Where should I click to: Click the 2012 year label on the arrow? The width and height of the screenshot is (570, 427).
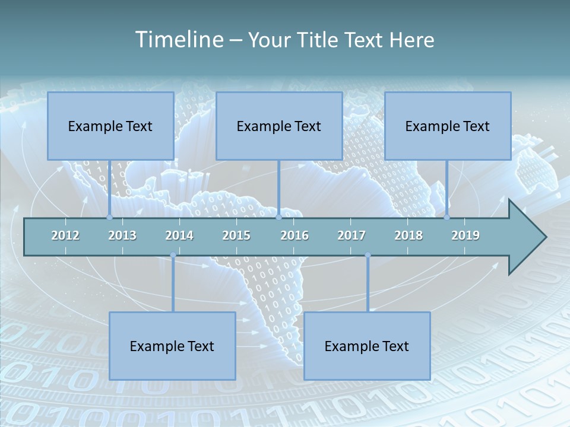click(65, 235)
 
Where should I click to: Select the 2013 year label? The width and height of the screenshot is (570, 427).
click(122, 235)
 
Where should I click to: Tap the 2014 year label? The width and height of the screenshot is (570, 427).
click(179, 235)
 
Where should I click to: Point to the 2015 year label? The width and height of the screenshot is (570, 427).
click(236, 235)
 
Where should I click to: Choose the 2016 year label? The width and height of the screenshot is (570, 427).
click(294, 235)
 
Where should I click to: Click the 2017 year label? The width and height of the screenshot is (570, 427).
click(351, 235)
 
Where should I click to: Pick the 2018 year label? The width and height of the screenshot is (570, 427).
click(408, 235)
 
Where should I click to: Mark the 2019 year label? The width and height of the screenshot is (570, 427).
click(465, 235)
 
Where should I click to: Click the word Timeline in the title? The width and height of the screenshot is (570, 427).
click(179, 40)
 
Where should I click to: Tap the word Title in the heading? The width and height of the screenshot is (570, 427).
click(319, 40)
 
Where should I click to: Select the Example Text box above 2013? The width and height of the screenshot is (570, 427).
click(110, 126)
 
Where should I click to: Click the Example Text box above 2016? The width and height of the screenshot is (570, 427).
click(279, 126)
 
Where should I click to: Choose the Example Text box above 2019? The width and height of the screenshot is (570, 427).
click(448, 126)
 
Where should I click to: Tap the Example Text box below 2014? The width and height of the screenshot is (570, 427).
click(172, 346)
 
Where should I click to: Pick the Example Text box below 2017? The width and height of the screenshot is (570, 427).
click(367, 346)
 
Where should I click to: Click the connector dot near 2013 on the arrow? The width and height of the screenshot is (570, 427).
click(109, 217)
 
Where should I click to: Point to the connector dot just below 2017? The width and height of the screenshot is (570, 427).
click(368, 256)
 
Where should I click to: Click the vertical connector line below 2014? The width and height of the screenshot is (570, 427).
click(173, 285)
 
